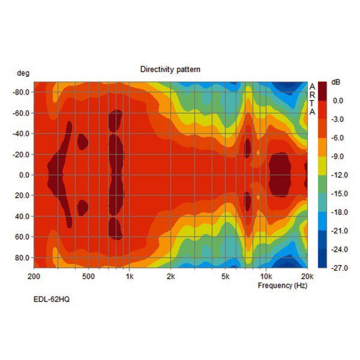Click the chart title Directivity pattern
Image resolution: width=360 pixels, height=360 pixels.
click(x=170, y=70)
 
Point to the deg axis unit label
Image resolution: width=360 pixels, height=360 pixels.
click(x=23, y=73)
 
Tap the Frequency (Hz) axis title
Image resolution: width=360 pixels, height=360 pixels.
click(x=283, y=286)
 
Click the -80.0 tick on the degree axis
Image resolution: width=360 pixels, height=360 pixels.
click(x=21, y=92)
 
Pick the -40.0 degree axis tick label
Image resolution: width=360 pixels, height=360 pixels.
click(x=21, y=134)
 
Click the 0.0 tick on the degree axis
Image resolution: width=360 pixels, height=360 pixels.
click(x=24, y=175)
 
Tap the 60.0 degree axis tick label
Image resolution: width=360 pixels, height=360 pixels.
click(x=22, y=237)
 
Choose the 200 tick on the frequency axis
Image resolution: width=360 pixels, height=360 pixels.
click(x=34, y=277)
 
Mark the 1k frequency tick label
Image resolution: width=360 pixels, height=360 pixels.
click(x=130, y=277)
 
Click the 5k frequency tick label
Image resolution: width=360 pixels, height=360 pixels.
click(x=226, y=277)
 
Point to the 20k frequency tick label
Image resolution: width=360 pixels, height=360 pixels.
click(x=307, y=277)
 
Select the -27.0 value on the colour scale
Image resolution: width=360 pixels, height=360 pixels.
click(x=338, y=267)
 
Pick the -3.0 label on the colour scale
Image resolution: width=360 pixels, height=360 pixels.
click(x=338, y=119)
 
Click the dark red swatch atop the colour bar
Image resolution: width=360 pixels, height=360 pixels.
click(x=322, y=91)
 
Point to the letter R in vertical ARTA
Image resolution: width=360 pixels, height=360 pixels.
click(x=312, y=95)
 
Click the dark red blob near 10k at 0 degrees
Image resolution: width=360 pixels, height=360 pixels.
click(x=280, y=175)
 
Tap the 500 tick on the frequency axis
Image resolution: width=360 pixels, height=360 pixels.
click(x=88, y=277)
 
